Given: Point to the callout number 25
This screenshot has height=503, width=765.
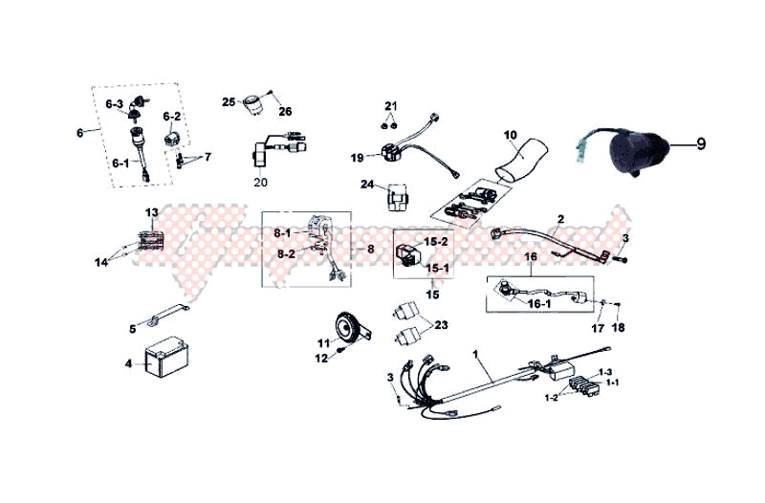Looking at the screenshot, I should click(229, 101).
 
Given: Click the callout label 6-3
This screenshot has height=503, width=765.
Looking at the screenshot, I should click(115, 103).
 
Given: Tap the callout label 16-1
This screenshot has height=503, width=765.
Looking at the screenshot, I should click(540, 303).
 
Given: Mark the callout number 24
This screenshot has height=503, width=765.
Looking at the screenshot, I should click(367, 185).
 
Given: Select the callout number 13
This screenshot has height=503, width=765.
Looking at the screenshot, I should click(152, 212).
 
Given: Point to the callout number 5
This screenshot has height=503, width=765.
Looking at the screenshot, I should click(133, 329).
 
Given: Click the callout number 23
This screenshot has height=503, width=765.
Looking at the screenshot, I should click(440, 326).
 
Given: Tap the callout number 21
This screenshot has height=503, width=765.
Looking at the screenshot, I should click(390, 105).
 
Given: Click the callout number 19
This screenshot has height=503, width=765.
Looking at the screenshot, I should click(356, 158).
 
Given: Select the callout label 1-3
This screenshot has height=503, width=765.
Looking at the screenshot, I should click(605, 371).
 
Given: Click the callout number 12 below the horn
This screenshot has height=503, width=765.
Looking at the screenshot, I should click(321, 357).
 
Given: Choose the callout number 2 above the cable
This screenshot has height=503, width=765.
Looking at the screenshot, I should click(587, 219).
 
